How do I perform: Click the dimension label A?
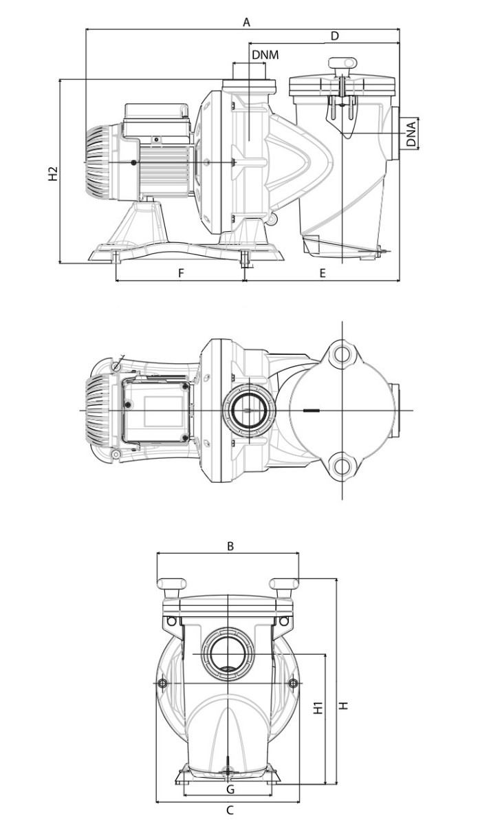coord(246,22)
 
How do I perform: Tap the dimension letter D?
coord(335,36)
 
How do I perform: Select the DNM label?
coord(265,54)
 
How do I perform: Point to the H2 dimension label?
coord(53,174)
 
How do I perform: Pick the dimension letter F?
coord(181,273)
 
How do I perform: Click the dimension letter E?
coord(323,273)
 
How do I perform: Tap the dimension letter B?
coord(231,546)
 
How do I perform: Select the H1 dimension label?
coord(318,708)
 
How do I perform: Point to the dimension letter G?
coord(230,788)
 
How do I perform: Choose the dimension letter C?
coord(230,810)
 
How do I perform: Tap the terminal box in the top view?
coord(155,411)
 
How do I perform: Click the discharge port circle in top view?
coord(245,411)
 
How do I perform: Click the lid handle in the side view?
coord(341,64)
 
